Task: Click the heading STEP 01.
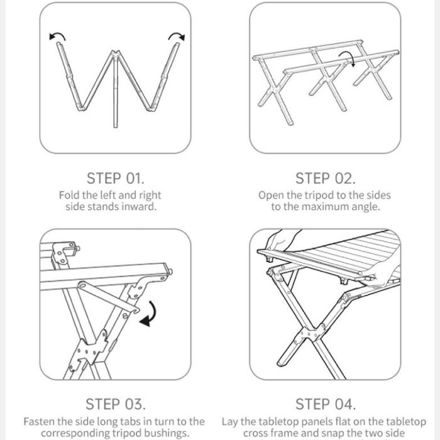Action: (115, 179)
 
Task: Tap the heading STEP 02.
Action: (325, 179)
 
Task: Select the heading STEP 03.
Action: (116, 404)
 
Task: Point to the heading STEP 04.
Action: (326, 404)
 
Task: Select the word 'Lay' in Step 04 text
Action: (230, 422)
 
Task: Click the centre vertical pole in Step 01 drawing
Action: (115, 90)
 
